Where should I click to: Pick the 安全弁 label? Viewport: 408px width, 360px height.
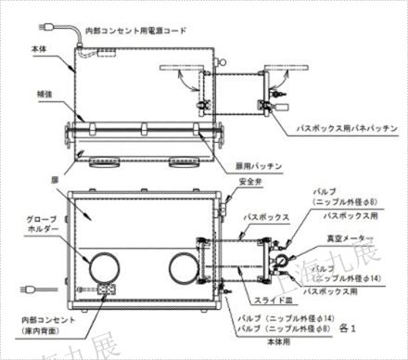pyautogui.click(x=250, y=180)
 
